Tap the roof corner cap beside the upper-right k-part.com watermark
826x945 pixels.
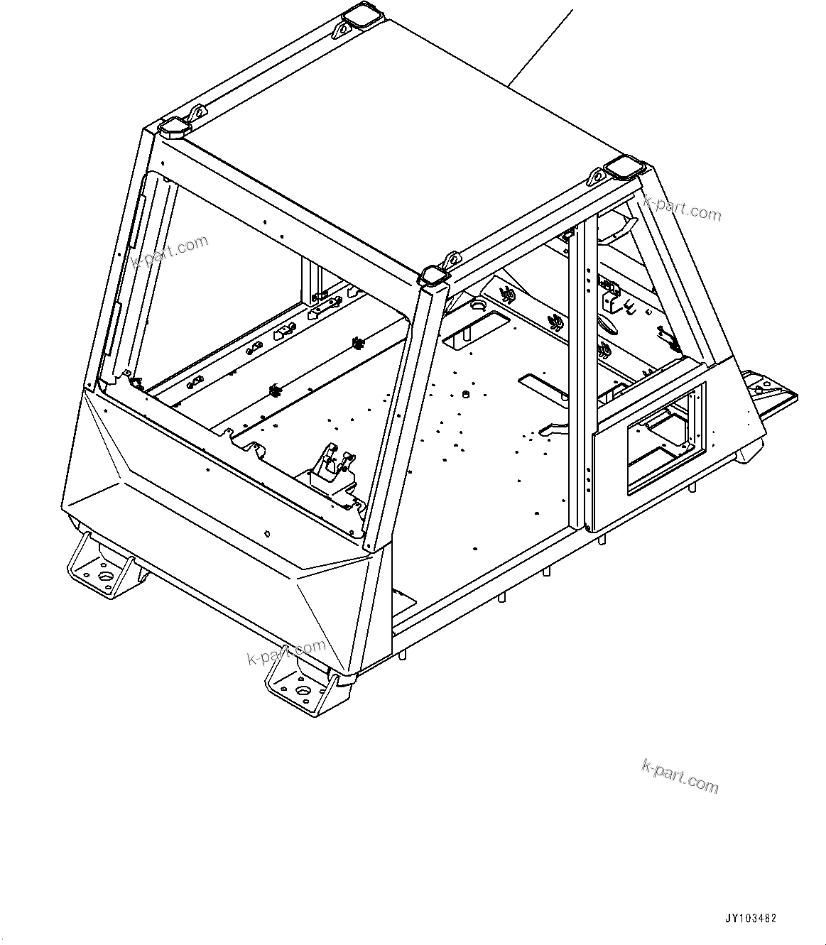(623, 168)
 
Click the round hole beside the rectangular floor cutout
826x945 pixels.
(477, 307)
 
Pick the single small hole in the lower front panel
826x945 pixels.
(267, 533)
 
